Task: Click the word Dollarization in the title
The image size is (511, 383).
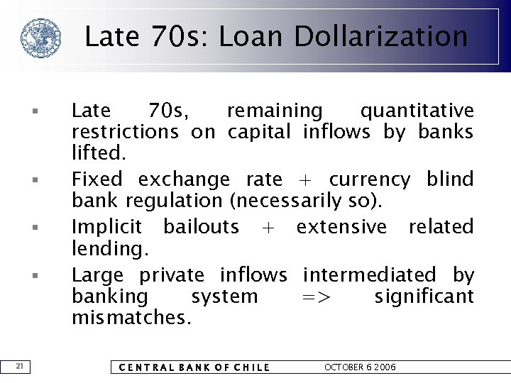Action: point(381,36)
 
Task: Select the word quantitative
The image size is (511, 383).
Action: point(417,111)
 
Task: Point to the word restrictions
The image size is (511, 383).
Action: point(125,132)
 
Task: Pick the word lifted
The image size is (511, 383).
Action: point(99,152)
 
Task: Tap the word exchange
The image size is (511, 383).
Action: point(184,179)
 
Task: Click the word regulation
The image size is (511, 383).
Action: point(180,201)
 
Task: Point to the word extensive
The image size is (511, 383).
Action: point(341,227)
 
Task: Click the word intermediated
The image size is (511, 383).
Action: point(370,274)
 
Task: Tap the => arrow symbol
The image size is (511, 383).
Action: point(316,296)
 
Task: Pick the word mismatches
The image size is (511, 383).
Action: point(131,317)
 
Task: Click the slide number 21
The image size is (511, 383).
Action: point(21,366)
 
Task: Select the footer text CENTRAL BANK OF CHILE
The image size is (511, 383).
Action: point(194,367)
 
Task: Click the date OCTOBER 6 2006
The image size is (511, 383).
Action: point(360,367)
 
